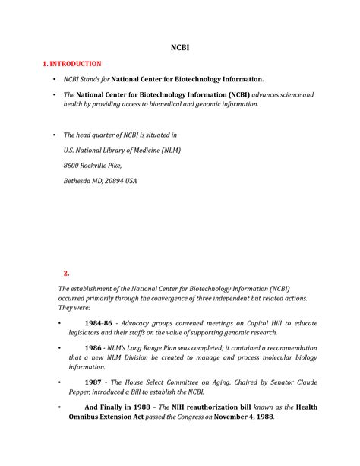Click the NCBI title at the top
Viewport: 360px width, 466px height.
[x=179, y=47]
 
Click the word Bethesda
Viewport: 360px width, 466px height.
[x=78, y=181]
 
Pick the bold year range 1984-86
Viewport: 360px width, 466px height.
[x=99, y=323]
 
